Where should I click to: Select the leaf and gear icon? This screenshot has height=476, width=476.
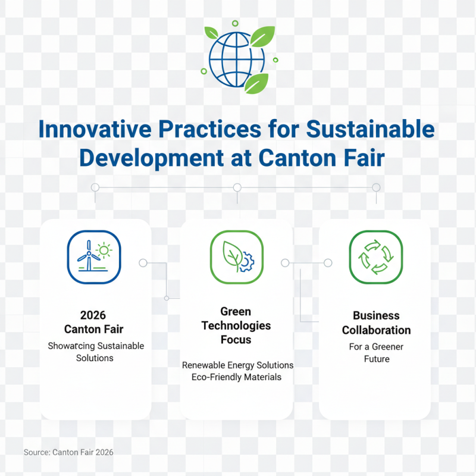coord(236,256)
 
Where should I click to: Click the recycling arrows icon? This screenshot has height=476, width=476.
coord(375,256)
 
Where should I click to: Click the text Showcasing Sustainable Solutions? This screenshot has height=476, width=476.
coord(95,352)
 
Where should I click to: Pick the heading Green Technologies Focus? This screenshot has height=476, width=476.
coord(236,325)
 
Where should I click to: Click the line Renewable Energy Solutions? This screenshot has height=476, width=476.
coord(237,365)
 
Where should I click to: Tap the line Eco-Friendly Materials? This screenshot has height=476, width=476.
coord(237,377)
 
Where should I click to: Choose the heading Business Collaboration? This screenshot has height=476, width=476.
coord(376,322)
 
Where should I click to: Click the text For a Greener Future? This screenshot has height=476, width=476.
coord(377,352)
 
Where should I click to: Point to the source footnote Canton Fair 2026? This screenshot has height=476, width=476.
coord(68,453)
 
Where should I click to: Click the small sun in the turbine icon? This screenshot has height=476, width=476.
coord(105,250)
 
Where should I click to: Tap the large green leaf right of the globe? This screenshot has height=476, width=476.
coord(262,36)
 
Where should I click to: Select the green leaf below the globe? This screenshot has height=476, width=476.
coord(256,84)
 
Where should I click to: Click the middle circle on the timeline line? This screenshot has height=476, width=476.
coord(237,187)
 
